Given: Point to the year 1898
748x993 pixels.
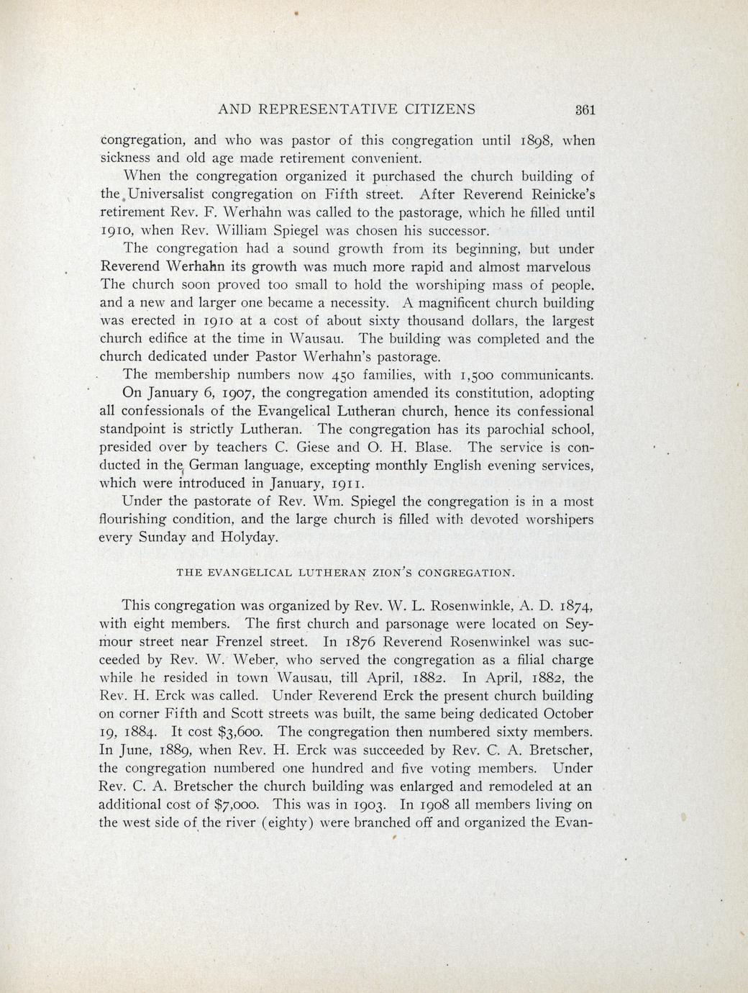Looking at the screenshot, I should pos(529,140).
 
